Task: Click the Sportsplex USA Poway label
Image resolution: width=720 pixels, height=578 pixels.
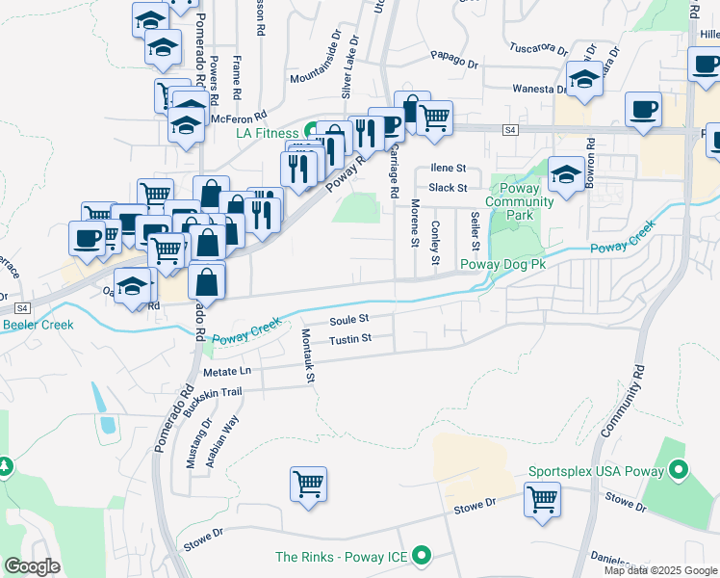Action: pos(596,472)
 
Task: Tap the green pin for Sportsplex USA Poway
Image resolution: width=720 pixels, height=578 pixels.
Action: pos(679,472)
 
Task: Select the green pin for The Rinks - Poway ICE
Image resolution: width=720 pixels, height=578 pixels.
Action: pos(421,556)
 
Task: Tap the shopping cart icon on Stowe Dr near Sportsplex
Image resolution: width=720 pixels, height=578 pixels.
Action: pos(543,499)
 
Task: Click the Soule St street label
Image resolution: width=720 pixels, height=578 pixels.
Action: pos(349,319)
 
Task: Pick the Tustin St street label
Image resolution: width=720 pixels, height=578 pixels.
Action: pos(349,339)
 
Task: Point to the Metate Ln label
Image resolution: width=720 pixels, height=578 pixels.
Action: pos(226,371)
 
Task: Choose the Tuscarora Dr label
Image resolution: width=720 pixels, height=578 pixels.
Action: pos(537,47)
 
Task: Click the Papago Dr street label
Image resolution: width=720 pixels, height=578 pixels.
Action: pos(454,60)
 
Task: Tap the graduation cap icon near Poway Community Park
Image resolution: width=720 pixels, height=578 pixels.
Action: pos(567,175)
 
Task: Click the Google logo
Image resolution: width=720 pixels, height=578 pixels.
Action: pos(33,565)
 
